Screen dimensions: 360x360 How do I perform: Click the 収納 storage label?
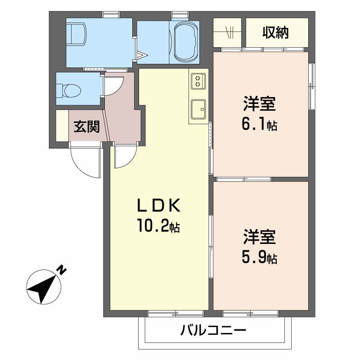click(275, 32)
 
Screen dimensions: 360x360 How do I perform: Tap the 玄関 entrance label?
click(86, 126)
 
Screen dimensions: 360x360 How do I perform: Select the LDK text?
click(159, 206)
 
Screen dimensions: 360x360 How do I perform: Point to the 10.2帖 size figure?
click(158, 226)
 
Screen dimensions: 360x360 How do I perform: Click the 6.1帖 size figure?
click(259, 124)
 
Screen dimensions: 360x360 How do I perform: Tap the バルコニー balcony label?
click(213, 331)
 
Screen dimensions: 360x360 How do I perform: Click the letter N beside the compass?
click(62, 270)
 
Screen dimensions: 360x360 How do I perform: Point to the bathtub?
click(185, 42)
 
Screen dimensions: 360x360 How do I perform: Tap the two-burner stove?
click(198, 81)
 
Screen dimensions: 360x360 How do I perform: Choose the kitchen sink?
click(198, 109)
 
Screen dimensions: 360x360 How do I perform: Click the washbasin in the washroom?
click(76, 34)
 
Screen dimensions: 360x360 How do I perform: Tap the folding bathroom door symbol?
click(140, 55)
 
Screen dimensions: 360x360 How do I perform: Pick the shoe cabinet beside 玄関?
click(62, 126)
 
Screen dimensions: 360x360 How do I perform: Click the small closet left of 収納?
click(227, 32)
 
